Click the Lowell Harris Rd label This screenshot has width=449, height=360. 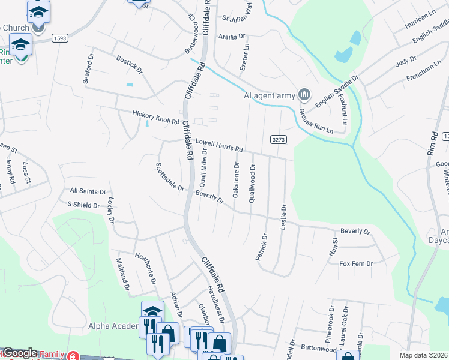219,145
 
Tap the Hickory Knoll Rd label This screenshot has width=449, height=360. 155,117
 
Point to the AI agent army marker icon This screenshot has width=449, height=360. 304,94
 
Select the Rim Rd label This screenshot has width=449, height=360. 432,144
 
